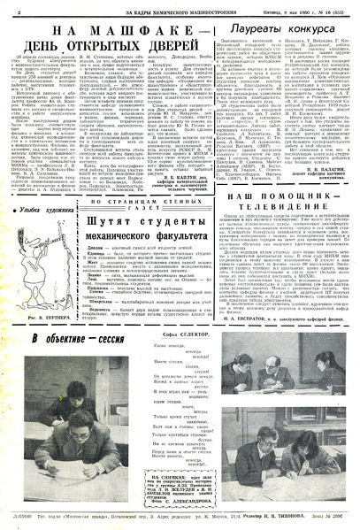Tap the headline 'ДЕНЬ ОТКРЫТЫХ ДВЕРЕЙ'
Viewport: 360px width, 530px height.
click(x=111, y=47)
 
